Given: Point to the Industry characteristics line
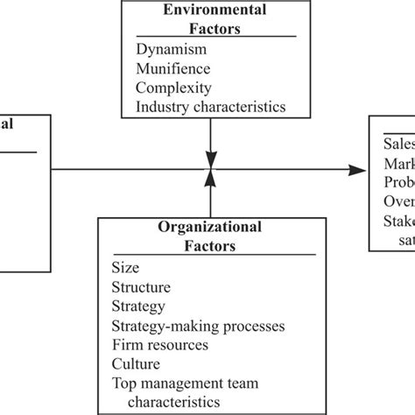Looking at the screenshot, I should coord(211,107).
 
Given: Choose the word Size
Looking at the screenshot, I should coord(125,268).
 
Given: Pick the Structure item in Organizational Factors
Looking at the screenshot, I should coord(141,287).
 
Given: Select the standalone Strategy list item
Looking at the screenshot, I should coord(138,306).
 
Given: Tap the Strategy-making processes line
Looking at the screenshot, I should coord(198,326).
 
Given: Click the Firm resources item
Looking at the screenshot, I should coord(159,345).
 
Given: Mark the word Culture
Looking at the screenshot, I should coord(136,364).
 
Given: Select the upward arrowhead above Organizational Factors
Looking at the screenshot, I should coord(209,178).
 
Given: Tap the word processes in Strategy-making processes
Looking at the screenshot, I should coord(253,326).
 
